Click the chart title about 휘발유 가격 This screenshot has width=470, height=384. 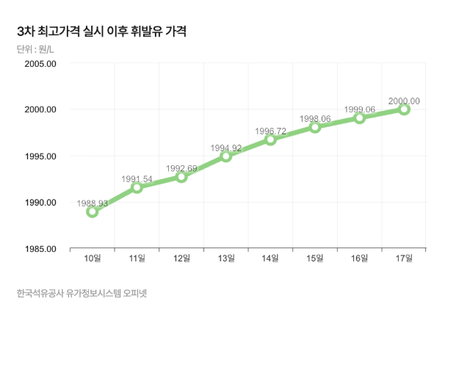click(101, 32)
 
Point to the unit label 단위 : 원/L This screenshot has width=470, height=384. click(35, 50)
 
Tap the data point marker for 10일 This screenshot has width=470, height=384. click(93, 212)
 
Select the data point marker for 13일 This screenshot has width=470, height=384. click(226, 156)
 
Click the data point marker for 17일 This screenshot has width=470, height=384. click(404, 109)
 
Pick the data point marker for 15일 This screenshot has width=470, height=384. click(315, 127)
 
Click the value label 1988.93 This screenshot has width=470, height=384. click(93, 203)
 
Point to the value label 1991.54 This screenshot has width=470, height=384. click(137, 178)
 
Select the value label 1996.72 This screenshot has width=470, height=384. click(270, 131)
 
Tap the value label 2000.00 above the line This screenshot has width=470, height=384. click(404, 101)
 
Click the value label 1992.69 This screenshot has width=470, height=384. click(181, 168)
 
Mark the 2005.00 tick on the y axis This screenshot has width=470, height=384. click(40, 64)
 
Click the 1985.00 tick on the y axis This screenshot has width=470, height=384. click(40, 249)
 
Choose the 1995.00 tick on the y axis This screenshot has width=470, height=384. click(40, 156)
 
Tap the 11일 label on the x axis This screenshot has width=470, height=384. click(137, 258)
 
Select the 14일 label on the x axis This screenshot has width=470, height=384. click(270, 258)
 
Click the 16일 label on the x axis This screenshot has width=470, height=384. click(360, 258)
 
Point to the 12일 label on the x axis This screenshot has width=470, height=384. click(181, 258)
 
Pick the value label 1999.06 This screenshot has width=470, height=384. click(360, 109)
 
